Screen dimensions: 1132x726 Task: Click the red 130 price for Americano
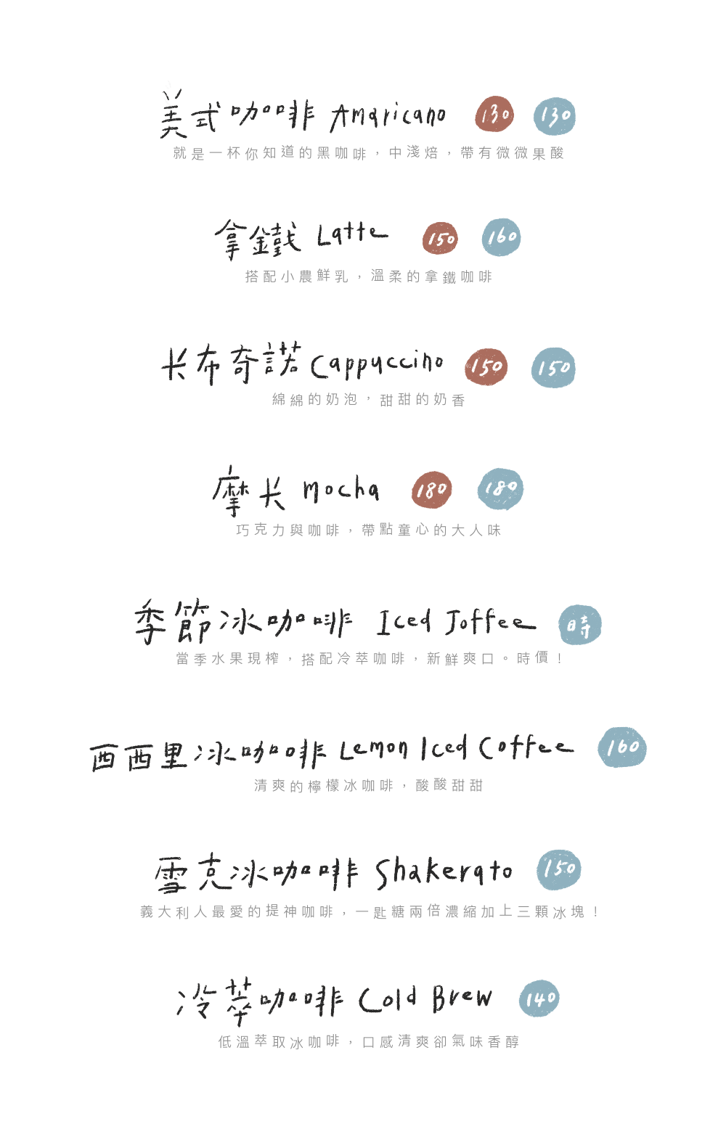[x=495, y=115]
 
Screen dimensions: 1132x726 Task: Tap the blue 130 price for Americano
[x=555, y=115]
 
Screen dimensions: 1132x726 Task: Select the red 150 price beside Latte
[x=441, y=238]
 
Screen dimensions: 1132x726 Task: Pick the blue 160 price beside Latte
[x=502, y=237]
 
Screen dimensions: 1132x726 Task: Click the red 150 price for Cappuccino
[x=486, y=366]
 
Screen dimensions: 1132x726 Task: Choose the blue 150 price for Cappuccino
[x=554, y=367]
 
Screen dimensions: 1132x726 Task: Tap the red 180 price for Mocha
[x=432, y=491]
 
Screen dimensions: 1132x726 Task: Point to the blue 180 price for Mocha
[x=501, y=488]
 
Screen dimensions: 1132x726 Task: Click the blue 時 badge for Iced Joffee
[x=580, y=625]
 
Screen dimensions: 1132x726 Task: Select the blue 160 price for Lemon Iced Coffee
[x=622, y=747]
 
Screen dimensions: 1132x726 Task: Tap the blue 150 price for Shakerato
[x=559, y=869]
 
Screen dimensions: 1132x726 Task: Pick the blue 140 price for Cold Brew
[x=540, y=999]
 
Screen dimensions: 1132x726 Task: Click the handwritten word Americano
[x=388, y=116]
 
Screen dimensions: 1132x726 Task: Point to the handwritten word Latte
[x=351, y=234]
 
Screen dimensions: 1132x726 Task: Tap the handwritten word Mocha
[x=340, y=491]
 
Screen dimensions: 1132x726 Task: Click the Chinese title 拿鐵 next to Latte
[x=257, y=238]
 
